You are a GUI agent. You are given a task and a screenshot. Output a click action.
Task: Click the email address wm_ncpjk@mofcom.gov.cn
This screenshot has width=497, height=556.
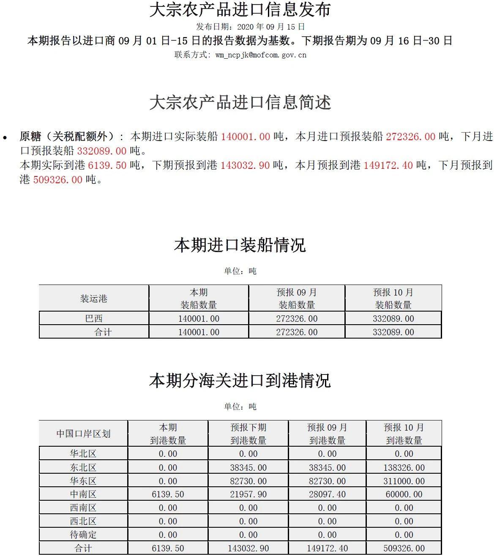click(261, 55)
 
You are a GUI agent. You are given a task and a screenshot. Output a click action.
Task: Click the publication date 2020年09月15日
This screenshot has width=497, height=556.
click(271, 27)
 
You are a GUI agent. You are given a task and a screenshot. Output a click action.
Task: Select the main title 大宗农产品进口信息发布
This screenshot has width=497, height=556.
click(240, 10)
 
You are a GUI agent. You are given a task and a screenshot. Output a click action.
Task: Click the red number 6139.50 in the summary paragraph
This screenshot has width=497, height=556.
click(107, 165)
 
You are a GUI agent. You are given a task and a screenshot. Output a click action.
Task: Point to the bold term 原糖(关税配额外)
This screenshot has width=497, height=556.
click(67, 136)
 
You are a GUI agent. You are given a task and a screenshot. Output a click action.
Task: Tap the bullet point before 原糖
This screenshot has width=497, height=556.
click(5, 137)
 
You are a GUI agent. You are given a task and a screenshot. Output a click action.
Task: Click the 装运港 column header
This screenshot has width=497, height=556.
click(94, 299)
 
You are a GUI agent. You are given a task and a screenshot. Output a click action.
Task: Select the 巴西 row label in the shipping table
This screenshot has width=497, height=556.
click(94, 319)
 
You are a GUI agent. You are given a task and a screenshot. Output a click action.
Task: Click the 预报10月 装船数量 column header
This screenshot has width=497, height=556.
click(393, 298)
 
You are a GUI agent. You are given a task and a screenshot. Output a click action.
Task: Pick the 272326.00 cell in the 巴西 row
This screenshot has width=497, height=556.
click(297, 319)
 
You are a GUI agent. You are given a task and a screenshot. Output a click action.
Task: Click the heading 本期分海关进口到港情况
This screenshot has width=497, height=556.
click(240, 380)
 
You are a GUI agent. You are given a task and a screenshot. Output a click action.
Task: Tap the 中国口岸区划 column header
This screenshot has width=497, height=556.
click(83, 434)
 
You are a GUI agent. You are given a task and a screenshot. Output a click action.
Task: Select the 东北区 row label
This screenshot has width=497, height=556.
click(83, 467)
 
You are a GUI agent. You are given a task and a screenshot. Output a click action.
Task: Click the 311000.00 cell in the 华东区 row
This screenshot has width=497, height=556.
click(404, 481)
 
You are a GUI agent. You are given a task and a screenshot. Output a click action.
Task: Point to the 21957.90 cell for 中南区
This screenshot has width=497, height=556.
click(248, 494)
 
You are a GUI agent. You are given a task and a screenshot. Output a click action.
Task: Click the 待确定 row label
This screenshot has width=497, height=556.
click(83, 535)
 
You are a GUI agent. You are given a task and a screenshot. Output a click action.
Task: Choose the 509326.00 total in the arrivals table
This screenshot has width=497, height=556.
click(404, 548)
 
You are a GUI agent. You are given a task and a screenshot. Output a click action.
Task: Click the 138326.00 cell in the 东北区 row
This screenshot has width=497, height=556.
click(404, 467)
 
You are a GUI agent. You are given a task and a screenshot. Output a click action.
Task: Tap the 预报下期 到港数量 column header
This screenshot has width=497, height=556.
click(248, 434)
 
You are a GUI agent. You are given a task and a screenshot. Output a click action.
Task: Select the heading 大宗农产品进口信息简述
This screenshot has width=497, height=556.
click(240, 103)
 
